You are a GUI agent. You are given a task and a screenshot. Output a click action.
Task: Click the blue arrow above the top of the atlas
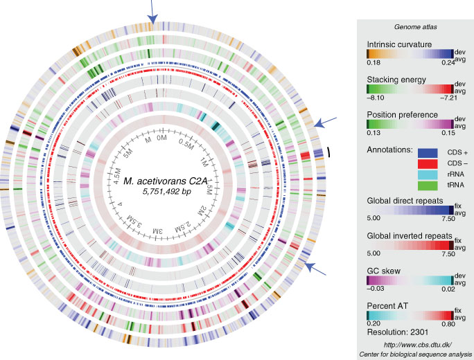tap(154, 10)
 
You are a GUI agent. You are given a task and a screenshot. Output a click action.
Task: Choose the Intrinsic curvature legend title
tap(401, 44)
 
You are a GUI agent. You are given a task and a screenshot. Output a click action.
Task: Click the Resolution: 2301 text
tap(394, 332)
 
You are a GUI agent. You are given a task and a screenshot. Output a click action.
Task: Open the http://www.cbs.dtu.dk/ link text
tap(410, 344)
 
